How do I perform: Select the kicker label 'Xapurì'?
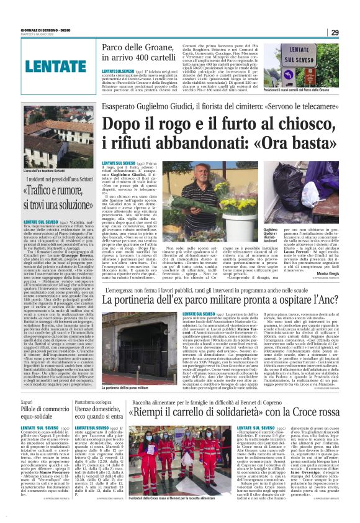click(x=27, y=403)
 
